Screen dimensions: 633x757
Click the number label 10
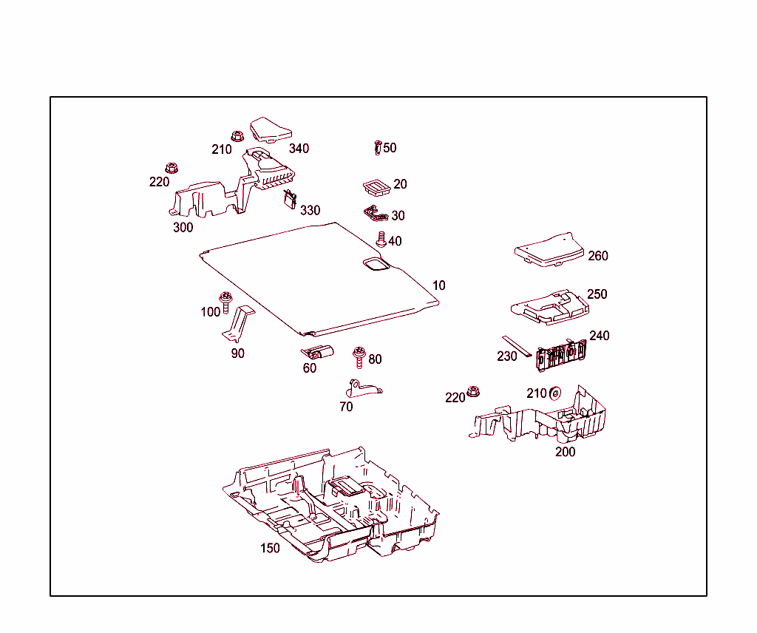point(439,285)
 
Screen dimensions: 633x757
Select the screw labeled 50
point(378,148)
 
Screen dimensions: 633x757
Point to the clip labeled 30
point(376,214)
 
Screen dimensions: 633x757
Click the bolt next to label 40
point(381,240)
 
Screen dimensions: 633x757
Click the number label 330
point(310,211)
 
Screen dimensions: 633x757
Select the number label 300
point(183,228)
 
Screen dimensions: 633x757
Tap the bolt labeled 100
point(226,302)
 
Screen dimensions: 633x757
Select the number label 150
point(270,549)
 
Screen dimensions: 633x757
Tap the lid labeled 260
point(549,249)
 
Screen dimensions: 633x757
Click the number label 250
point(597,294)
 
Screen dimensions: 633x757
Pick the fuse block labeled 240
point(560,356)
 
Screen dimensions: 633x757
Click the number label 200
point(566,452)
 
